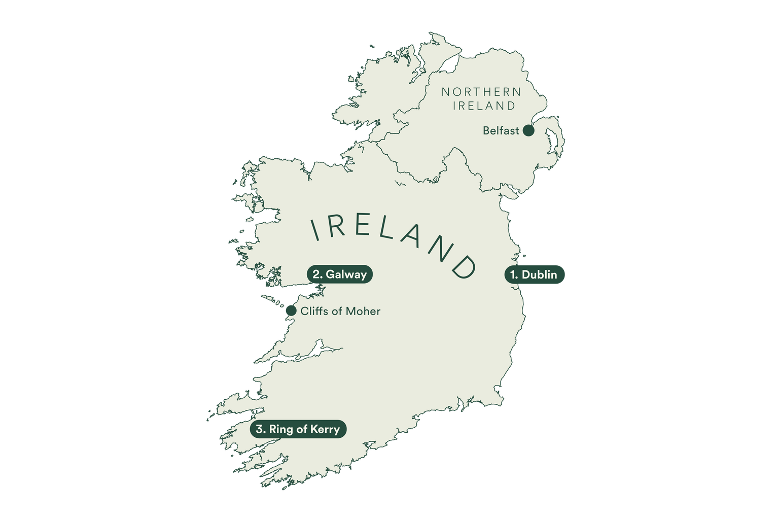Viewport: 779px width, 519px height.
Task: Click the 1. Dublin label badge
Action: (x=534, y=274)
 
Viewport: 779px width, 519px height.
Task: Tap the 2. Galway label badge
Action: (x=339, y=274)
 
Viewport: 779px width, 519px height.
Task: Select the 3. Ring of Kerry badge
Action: (x=298, y=429)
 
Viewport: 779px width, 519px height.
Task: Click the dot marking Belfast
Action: (x=528, y=131)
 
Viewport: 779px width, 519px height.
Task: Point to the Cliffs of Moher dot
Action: (x=291, y=310)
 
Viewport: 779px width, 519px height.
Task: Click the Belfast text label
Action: (x=501, y=131)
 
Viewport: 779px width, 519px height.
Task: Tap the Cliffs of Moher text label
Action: (x=340, y=311)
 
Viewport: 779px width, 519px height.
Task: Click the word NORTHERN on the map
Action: (x=481, y=92)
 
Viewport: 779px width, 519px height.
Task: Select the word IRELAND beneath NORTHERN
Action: (x=484, y=106)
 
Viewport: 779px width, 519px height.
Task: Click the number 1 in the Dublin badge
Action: (x=513, y=274)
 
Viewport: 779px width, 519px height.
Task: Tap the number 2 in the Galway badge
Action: (x=316, y=274)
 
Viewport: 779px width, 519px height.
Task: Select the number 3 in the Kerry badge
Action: (x=260, y=429)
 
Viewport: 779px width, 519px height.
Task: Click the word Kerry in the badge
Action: (x=326, y=430)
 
